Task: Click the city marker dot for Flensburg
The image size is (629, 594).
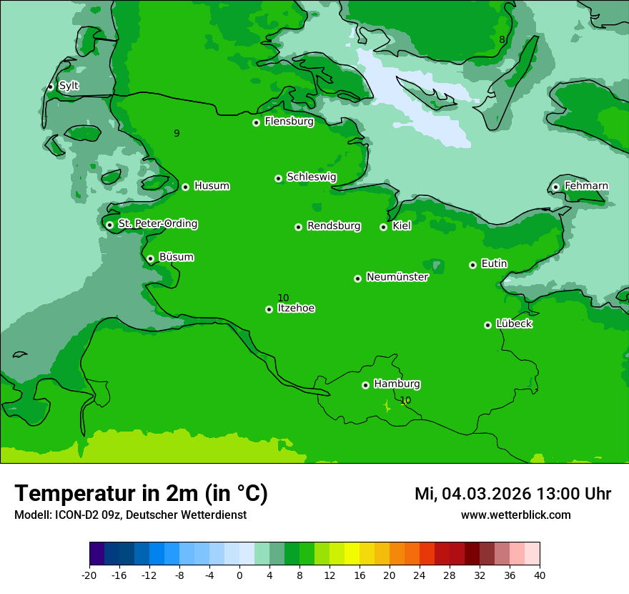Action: pyautogui.click(x=256, y=122)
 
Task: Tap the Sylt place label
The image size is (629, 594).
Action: pyautogui.click(x=69, y=86)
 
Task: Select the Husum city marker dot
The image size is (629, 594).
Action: pyautogui.click(x=185, y=187)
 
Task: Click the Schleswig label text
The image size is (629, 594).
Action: pyautogui.click(x=311, y=177)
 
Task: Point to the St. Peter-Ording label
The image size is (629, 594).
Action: pyautogui.click(x=157, y=224)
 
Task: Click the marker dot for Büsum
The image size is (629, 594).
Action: pyautogui.click(x=150, y=258)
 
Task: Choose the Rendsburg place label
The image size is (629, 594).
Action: pyautogui.click(x=333, y=226)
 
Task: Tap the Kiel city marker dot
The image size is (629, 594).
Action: pyautogui.click(x=383, y=227)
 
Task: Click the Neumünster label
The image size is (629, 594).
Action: pyautogui.click(x=397, y=277)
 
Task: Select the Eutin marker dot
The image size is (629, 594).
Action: pyautogui.click(x=472, y=265)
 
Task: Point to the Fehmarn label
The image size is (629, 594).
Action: pyautogui.click(x=586, y=186)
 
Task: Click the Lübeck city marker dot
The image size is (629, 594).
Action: pyautogui.click(x=487, y=325)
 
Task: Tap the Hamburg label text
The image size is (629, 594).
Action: pyautogui.click(x=397, y=384)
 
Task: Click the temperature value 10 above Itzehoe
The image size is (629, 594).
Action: pyautogui.click(x=283, y=298)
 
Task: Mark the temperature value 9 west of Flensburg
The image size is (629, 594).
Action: pyautogui.click(x=177, y=133)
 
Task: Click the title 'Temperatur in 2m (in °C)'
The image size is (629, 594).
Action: pyautogui.click(x=141, y=494)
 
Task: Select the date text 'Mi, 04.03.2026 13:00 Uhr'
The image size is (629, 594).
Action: pyautogui.click(x=512, y=494)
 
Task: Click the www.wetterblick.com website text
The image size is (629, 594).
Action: pyautogui.click(x=515, y=515)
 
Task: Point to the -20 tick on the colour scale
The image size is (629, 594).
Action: pyautogui.click(x=89, y=575)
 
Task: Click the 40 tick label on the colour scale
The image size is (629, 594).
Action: pyautogui.click(x=539, y=575)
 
